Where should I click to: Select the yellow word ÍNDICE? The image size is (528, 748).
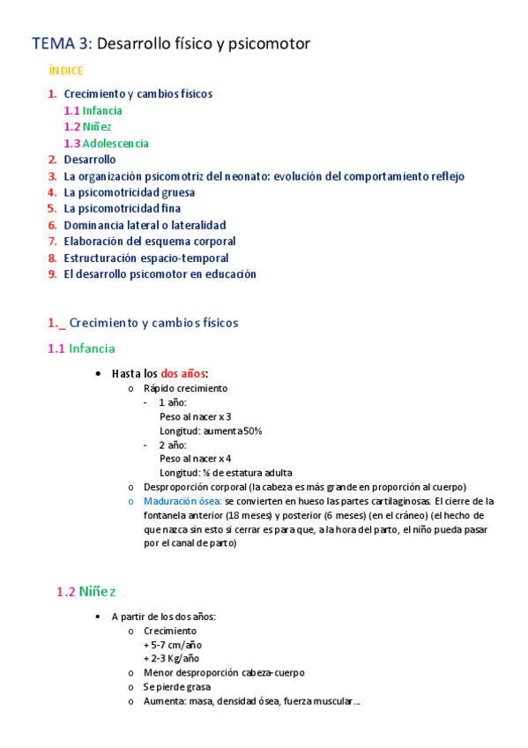click(x=66, y=70)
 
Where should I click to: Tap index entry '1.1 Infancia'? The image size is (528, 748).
click(x=93, y=111)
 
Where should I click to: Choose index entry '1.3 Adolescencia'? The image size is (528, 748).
click(x=106, y=144)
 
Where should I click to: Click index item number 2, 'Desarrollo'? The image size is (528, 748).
click(x=89, y=160)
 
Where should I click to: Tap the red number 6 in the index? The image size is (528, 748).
click(x=53, y=225)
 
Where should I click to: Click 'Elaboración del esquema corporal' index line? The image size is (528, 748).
click(x=149, y=241)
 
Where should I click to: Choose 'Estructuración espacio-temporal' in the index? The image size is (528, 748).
click(x=145, y=258)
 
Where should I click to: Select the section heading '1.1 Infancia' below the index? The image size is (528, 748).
click(x=81, y=348)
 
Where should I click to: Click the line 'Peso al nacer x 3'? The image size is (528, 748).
click(x=196, y=416)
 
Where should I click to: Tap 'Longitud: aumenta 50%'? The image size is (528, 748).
click(x=211, y=430)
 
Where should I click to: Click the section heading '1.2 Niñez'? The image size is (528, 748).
click(x=86, y=591)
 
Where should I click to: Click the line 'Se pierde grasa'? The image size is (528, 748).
click(x=177, y=686)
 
